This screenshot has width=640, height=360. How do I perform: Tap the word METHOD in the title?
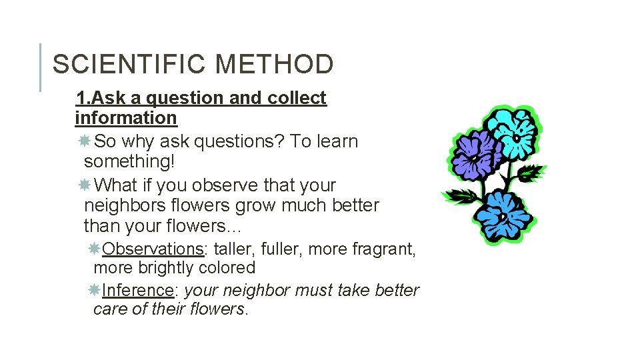(x=275, y=65)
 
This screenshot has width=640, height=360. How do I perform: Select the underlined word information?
(x=126, y=118)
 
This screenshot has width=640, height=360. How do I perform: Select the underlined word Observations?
(x=153, y=249)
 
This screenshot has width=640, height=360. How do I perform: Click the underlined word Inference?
(x=138, y=290)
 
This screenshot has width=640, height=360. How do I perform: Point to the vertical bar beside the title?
(x=41, y=67)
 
